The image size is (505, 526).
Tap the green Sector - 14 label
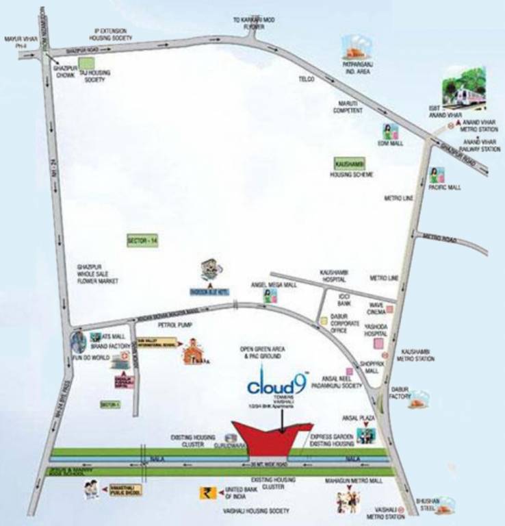[142, 240]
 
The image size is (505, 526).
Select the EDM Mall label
[387, 144]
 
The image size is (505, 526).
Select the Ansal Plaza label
[350, 416]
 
